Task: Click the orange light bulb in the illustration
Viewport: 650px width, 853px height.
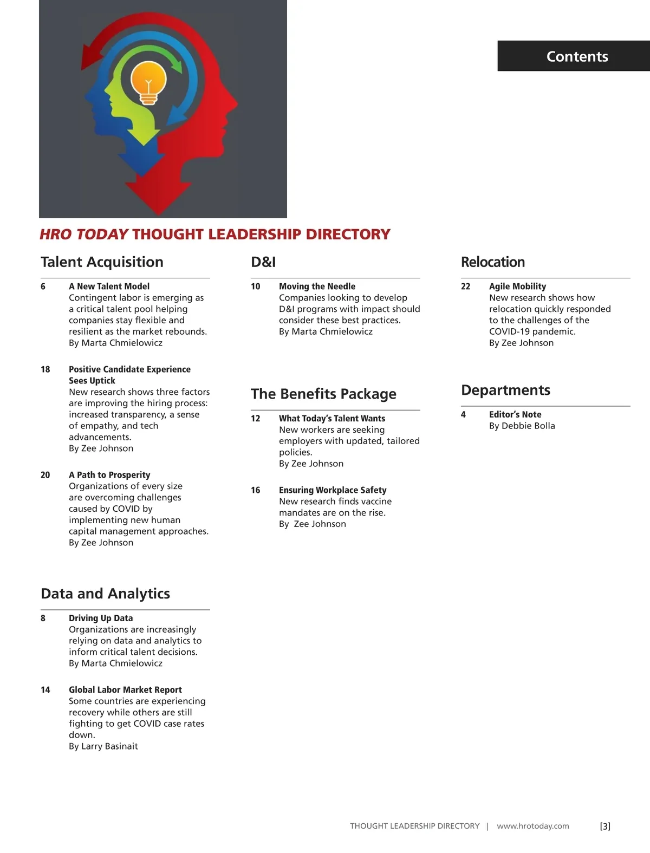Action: tap(148, 82)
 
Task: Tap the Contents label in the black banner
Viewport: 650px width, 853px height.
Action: tap(577, 56)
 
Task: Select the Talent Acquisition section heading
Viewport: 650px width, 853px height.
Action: tap(102, 262)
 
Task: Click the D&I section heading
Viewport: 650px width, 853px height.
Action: tap(263, 262)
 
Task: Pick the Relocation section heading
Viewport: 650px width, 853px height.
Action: tap(492, 262)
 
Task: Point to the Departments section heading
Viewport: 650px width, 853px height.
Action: tap(505, 390)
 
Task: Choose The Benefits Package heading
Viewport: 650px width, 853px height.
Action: tap(323, 394)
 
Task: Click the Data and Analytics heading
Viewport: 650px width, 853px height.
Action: tap(105, 594)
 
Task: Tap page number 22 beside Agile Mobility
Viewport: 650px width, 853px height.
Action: tap(465, 286)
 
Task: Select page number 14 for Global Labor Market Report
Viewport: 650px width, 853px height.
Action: tap(45, 690)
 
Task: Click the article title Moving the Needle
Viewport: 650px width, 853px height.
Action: tap(317, 286)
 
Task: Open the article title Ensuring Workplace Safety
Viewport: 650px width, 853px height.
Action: tap(333, 490)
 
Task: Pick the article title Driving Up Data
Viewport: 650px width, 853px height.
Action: tap(101, 618)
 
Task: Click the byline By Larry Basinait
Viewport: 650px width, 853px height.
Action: tap(103, 746)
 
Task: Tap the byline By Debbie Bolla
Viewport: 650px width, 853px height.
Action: tap(522, 426)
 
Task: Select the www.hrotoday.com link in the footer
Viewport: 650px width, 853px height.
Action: tap(532, 826)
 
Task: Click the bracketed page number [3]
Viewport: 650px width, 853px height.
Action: tap(605, 826)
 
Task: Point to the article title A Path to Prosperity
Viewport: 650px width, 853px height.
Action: tap(109, 475)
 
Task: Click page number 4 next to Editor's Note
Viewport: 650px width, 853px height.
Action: tap(463, 414)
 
